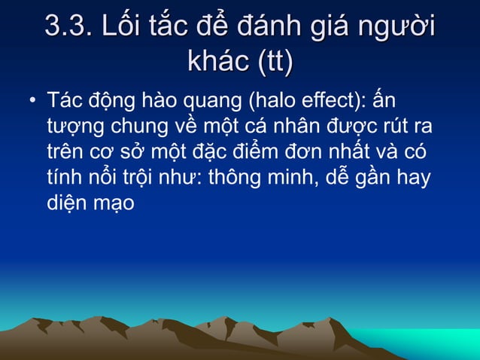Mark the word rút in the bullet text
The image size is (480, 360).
pos(396,127)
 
